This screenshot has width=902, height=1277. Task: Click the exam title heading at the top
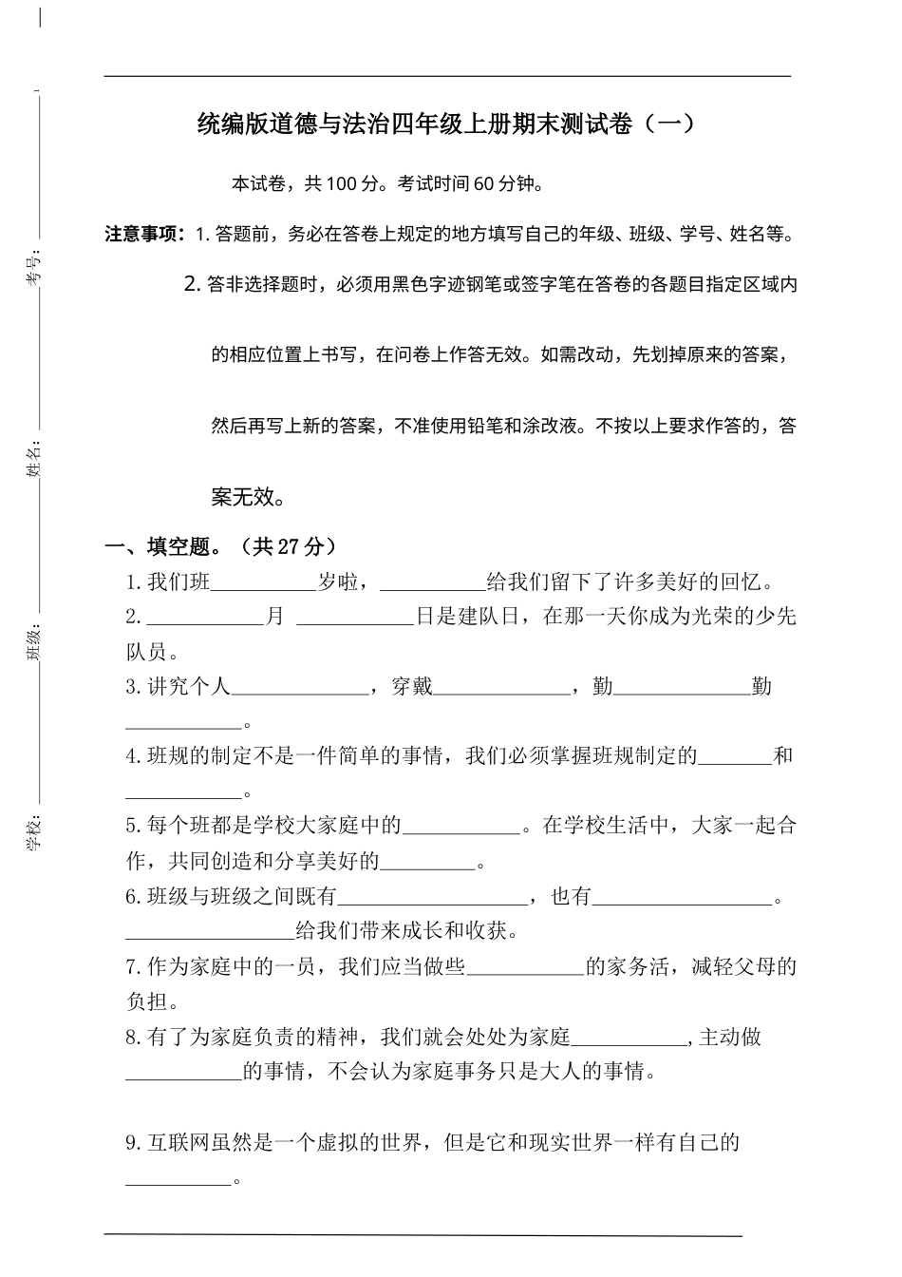click(446, 124)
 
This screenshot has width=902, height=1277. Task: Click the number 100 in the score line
click(340, 184)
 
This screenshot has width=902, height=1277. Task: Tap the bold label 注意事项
click(144, 234)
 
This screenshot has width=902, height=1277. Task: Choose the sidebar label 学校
click(33, 830)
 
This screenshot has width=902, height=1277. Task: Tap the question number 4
click(133, 757)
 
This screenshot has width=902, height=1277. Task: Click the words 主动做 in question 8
click(730, 1038)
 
